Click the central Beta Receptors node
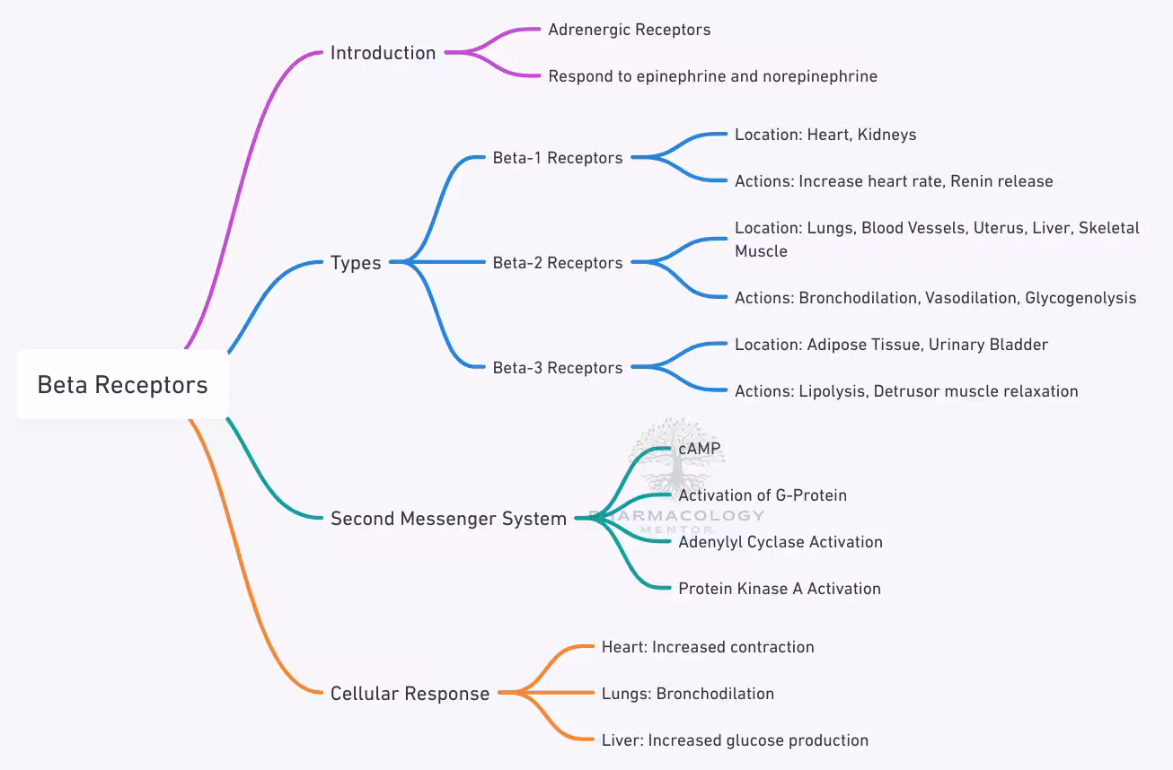tap(122, 385)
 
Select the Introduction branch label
tap(383, 53)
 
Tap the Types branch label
tap(356, 263)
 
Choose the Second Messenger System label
tap(448, 519)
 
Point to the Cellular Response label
tap(410, 694)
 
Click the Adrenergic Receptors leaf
tap(629, 30)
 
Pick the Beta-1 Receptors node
tap(557, 158)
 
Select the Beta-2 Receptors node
tap(557, 263)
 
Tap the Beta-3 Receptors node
tap(557, 368)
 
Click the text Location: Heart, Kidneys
tap(825, 135)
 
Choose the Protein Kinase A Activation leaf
tap(779, 589)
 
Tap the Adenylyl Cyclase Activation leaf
tap(780, 542)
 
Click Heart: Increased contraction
tap(707, 647)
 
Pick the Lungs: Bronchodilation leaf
tap(687, 694)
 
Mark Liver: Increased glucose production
tap(734, 740)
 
